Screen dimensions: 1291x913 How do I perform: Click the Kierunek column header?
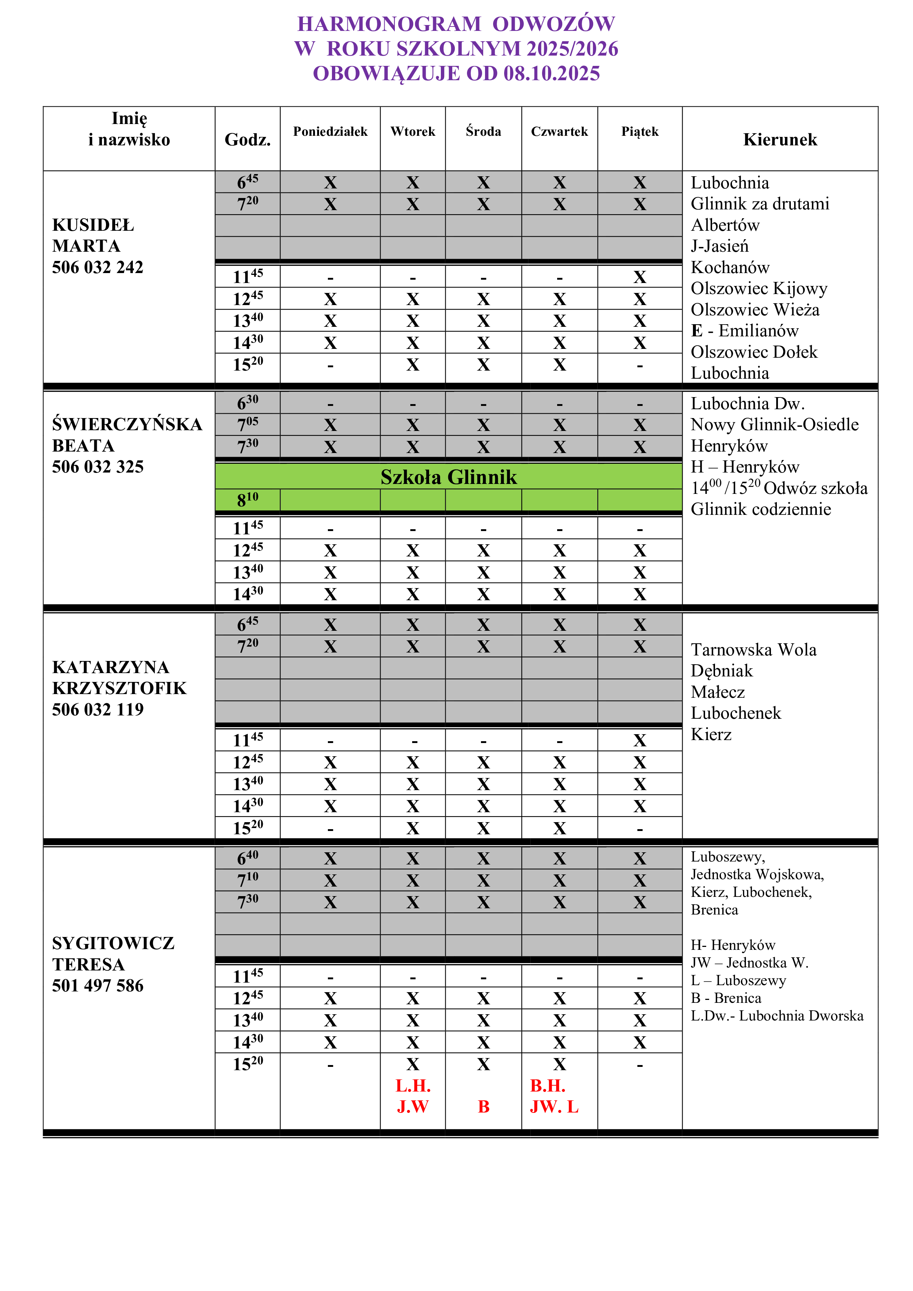coord(780,139)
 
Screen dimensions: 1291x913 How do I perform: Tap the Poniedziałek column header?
coord(330,132)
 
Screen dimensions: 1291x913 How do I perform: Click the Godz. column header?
coord(247,139)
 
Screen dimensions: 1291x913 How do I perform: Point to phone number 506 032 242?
coord(98,267)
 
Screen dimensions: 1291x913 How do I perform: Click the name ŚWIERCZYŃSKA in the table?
coord(127,424)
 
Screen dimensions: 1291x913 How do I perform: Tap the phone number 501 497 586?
coord(98,985)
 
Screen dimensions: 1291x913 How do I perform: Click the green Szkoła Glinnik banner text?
coord(448,477)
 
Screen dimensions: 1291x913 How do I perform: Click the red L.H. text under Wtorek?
coord(413,1085)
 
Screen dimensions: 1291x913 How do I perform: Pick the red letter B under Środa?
coord(484,1107)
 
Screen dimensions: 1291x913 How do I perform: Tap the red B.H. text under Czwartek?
coord(548,1085)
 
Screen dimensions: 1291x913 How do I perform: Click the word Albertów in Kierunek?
coord(725,225)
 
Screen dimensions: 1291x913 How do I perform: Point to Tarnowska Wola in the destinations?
coord(753,650)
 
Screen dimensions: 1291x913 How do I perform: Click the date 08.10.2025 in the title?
coord(552,74)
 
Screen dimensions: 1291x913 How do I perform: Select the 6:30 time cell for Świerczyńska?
coord(247,403)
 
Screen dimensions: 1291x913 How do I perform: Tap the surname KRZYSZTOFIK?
coord(119,688)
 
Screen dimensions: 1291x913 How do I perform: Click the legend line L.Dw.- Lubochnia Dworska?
coord(777,1015)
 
